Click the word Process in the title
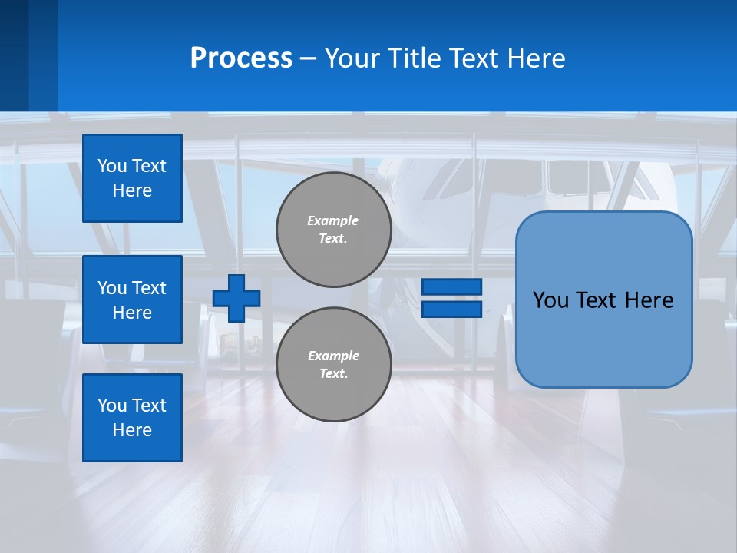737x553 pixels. pyautogui.click(x=241, y=58)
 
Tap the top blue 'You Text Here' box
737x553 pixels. pyautogui.click(x=132, y=178)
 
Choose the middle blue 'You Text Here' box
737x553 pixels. pyautogui.click(x=132, y=300)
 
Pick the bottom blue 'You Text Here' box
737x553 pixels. pyautogui.click(x=132, y=418)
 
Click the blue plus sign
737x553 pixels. pyautogui.click(x=236, y=298)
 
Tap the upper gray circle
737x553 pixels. pyautogui.click(x=333, y=230)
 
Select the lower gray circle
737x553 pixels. pyautogui.click(x=333, y=365)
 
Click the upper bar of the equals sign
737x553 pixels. pyautogui.click(x=451, y=286)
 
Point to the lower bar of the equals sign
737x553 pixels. pyautogui.click(x=451, y=309)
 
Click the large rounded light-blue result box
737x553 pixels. pyautogui.click(x=603, y=299)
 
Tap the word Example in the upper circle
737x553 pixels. pyautogui.click(x=333, y=220)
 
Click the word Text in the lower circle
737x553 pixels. pyautogui.click(x=332, y=374)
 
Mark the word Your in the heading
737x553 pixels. pyautogui.click(x=351, y=58)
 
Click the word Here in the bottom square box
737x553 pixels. pyautogui.click(x=132, y=430)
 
